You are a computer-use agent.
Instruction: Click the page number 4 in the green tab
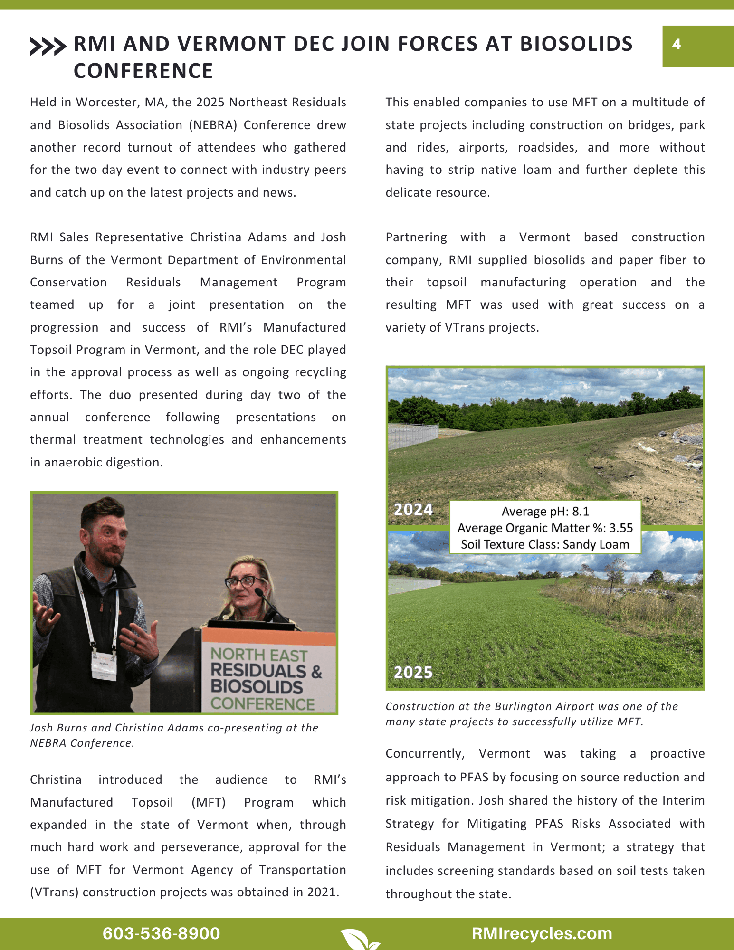coord(677,44)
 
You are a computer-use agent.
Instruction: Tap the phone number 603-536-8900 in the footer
coord(161,933)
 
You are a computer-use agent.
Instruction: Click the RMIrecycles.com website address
coord(542,933)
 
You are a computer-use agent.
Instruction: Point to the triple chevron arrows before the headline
coord(48,46)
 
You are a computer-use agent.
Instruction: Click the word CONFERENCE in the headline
coord(143,71)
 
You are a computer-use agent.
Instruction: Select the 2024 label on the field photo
coord(413,509)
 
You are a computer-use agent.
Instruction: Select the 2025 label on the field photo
coord(413,672)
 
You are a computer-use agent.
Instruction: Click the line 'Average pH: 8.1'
coord(545,512)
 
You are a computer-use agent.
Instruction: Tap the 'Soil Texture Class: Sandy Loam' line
coord(545,544)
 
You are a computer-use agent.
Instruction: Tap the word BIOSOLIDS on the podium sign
coord(257,687)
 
